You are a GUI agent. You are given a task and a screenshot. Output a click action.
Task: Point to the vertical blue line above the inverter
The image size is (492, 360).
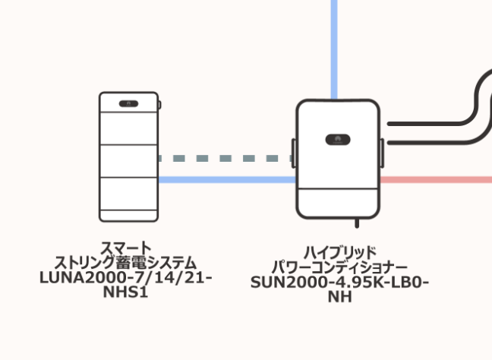coord(334,46)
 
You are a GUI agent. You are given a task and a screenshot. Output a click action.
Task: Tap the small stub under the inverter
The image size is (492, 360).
coord(357,222)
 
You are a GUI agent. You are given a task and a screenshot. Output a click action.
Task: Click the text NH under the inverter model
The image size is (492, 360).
coord(339,296)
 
